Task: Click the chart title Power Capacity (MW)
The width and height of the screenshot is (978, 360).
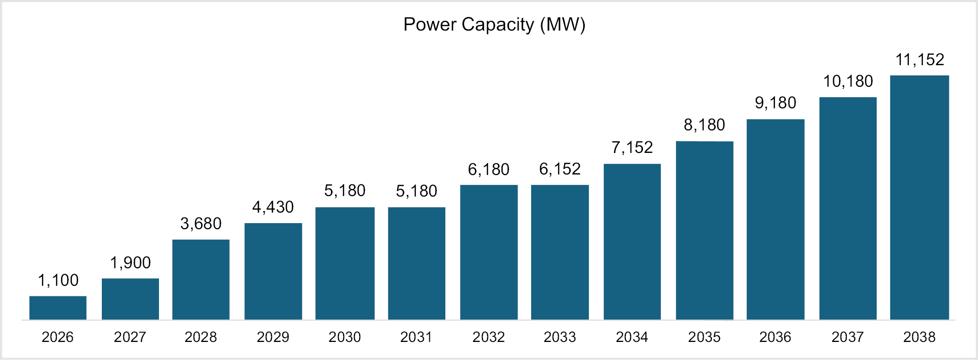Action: click(x=494, y=25)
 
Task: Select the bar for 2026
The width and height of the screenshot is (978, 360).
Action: click(x=58, y=308)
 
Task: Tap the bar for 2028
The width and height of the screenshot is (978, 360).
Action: click(x=201, y=279)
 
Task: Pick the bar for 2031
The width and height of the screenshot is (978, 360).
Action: click(x=416, y=263)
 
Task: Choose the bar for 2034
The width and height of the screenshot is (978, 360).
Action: click(x=632, y=242)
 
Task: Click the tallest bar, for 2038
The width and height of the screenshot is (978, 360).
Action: click(x=919, y=198)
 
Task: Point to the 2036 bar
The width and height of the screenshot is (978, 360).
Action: click(x=775, y=219)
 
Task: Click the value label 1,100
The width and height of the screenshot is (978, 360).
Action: click(x=58, y=280)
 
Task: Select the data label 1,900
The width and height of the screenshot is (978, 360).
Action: click(x=130, y=263)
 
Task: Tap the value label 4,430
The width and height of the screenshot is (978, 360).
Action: click(x=273, y=207)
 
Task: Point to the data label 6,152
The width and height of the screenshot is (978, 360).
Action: click(x=560, y=169)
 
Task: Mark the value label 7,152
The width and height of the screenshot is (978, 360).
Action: click(x=632, y=147)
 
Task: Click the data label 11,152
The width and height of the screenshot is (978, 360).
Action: click(x=920, y=60)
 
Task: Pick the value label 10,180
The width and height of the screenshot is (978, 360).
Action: click(x=848, y=81)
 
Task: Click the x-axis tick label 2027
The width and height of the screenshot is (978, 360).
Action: click(x=130, y=337)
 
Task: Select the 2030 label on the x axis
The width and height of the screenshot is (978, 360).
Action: click(x=345, y=337)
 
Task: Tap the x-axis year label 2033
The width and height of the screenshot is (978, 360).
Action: click(x=560, y=337)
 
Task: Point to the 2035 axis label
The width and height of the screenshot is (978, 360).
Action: click(x=704, y=337)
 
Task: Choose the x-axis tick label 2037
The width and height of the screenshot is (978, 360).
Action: click(x=848, y=337)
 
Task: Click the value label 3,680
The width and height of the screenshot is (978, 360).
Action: click(x=201, y=224)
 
